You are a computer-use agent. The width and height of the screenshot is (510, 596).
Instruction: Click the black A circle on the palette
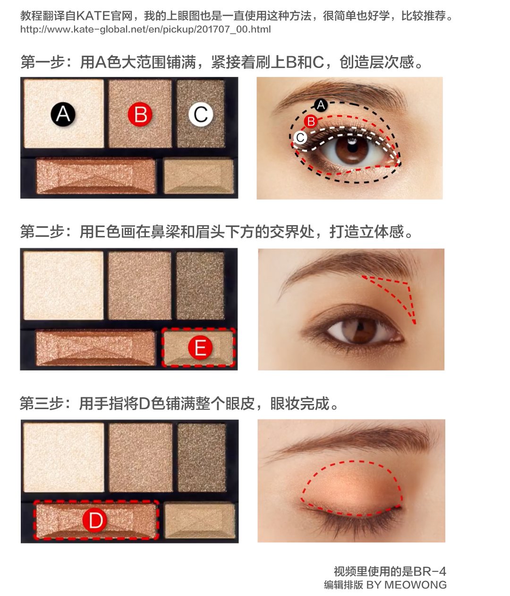pyautogui.click(x=63, y=114)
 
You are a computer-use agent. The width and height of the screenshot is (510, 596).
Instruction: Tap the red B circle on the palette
pyautogui.click(x=140, y=114)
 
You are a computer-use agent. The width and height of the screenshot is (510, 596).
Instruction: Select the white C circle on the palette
pyautogui.click(x=201, y=114)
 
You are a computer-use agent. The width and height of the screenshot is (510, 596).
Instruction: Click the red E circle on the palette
pyautogui.click(x=200, y=347)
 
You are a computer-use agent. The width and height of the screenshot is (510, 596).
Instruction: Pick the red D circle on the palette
pyautogui.click(x=95, y=520)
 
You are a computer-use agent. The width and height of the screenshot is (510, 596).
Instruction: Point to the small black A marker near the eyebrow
pyautogui.click(x=320, y=105)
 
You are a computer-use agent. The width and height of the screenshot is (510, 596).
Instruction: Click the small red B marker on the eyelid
pyautogui.click(x=311, y=121)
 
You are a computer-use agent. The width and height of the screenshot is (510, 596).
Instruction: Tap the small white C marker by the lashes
pyautogui.click(x=300, y=137)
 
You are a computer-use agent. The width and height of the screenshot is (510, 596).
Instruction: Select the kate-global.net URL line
pyautogui.click(x=145, y=29)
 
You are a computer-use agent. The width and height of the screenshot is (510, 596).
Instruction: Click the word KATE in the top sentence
pyautogui.click(x=93, y=16)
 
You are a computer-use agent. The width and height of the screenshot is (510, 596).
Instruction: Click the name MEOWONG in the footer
pyautogui.click(x=416, y=585)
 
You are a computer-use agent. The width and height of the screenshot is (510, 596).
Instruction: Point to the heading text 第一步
pyautogui.click(x=42, y=62)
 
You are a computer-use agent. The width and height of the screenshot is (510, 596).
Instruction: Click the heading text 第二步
pyautogui.click(x=42, y=232)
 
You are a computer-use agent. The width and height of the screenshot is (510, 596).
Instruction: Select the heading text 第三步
pyautogui.click(x=42, y=403)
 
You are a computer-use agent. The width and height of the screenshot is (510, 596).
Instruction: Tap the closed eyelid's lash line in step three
pyautogui.click(x=352, y=514)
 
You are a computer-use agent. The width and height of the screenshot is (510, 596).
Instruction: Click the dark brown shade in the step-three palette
pyautogui.click(x=202, y=457)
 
